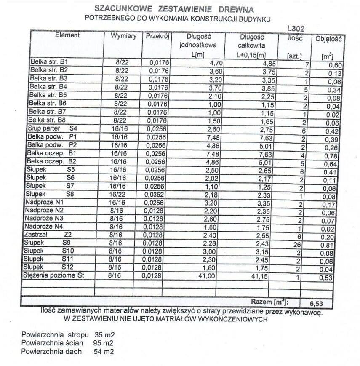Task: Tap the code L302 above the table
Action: tap(296, 29)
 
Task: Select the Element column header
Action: tap(67, 35)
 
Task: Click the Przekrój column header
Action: tap(157, 37)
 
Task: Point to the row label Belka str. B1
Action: tap(49, 62)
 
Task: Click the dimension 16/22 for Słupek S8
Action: tap(118, 195)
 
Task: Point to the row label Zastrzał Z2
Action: tap(47, 235)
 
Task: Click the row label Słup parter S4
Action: tap(50, 128)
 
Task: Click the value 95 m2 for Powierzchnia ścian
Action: tap(103, 343)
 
